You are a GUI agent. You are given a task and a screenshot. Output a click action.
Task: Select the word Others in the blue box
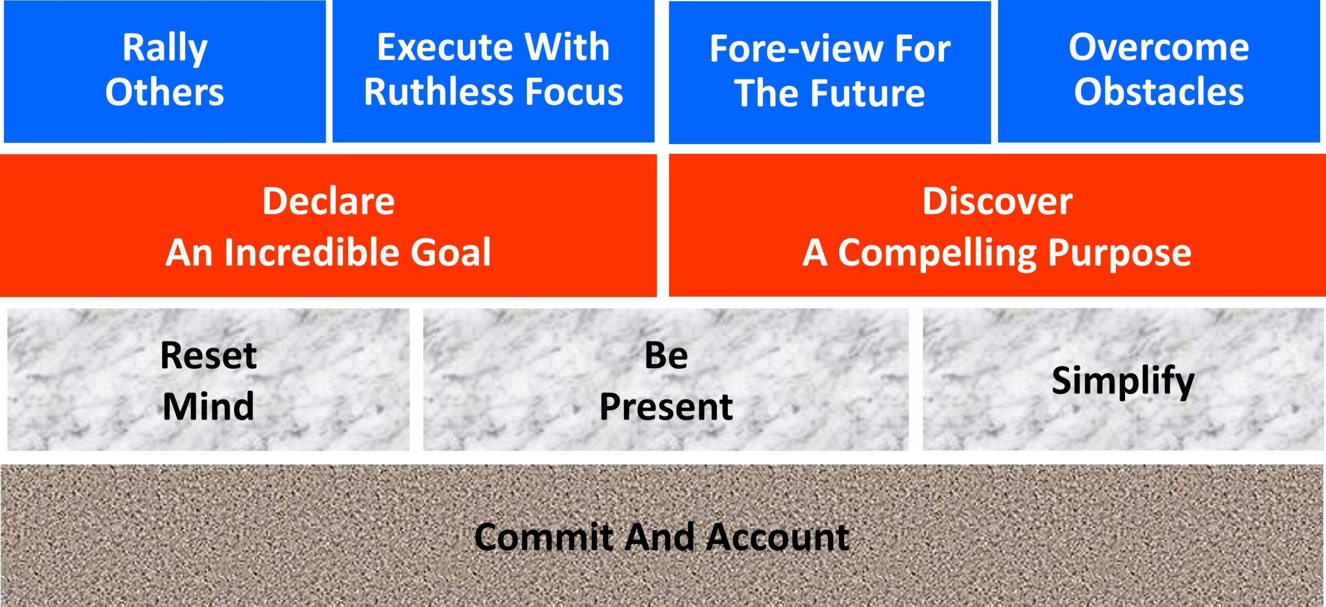coord(165,92)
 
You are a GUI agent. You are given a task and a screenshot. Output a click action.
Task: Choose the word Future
coord(868,94)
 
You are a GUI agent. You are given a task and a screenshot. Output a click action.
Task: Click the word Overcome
coord(1159,47)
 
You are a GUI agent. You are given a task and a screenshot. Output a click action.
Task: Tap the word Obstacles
coord(1159,92)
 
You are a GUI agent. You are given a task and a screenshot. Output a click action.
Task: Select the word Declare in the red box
coord(328,201)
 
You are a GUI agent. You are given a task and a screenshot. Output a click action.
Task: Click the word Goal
coord(451,253)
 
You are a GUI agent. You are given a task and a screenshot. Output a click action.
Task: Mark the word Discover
coord(997,201)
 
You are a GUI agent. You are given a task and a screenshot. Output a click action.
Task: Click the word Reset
coord(208,355)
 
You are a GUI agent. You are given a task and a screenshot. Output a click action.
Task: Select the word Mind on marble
coord(208,406)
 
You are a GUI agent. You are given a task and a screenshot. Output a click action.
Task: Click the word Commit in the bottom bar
coord(544,537)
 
